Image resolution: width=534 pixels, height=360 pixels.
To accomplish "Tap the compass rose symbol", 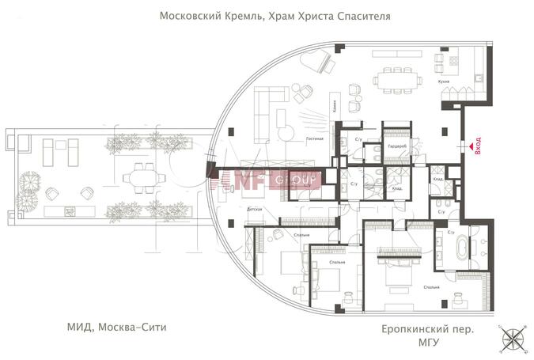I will pyautogui.click(x=514, y=338).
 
